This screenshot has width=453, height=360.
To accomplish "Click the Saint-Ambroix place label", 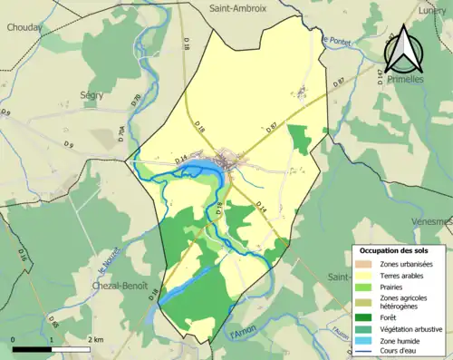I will [238, 8].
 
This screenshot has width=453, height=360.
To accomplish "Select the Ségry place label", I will [91, 94].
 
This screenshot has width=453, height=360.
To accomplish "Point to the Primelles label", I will [405, 80].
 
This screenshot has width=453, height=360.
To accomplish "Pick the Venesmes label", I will [432, 221].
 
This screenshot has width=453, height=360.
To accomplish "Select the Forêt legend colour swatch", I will [365, 317].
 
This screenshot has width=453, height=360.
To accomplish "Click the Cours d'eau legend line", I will [365, 353].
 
